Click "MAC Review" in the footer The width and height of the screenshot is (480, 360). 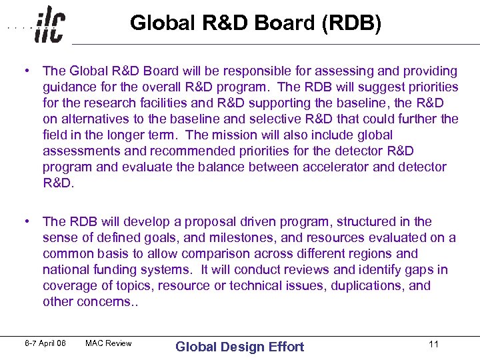(x=109, y=344)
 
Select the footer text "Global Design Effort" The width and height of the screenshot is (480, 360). (x=239, y=346)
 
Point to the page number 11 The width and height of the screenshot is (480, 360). (x=433, y=345)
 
